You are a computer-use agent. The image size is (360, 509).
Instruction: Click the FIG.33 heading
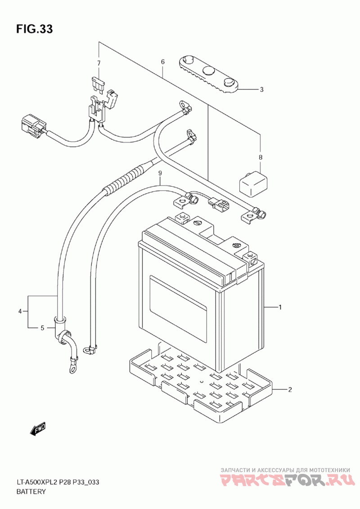click(x=35, y=29)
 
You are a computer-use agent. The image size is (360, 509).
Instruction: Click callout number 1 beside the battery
click(x=280, y=307)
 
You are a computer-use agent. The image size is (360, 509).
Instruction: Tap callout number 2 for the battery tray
click(x=290, y=389)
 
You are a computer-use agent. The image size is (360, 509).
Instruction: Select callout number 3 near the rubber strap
click(x=261, y=89)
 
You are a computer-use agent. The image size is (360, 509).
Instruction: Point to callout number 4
click(x=20, y=312)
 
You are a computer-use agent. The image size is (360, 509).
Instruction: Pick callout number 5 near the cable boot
click(x=43, y=328)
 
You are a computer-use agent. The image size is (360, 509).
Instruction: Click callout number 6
click(x=163, y=62)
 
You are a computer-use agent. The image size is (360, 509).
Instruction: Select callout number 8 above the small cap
click(x=260, y=157)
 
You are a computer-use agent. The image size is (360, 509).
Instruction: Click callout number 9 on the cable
click(x=160, y=174)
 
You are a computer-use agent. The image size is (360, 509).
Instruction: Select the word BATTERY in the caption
click(x=31, y=491)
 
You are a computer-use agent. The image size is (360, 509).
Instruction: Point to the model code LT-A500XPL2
click(x=37, y=482)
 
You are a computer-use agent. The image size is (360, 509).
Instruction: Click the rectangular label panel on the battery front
click(x=178, y=309)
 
